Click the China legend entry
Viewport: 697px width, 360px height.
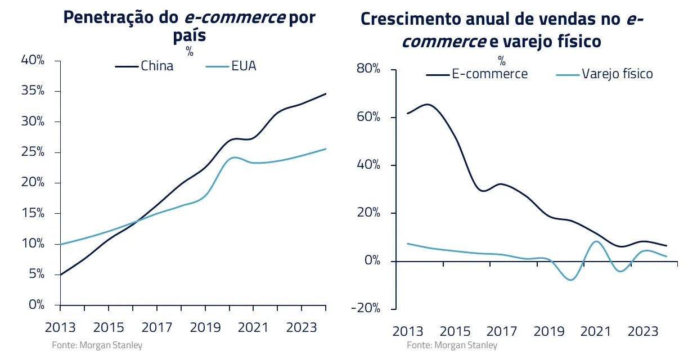click(156, 66)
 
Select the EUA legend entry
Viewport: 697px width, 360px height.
click(243, 66)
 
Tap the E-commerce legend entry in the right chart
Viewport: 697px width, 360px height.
click(490, 74)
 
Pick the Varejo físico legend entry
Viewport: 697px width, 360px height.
click(617, 74)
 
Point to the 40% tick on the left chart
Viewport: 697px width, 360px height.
click(33, 61)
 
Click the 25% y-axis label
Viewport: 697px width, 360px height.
click(33, 152)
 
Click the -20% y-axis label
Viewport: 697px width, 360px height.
click(366, 309)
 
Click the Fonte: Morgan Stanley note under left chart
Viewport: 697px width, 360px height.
click(97, 345)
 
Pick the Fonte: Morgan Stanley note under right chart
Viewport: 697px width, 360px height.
click(452, 345)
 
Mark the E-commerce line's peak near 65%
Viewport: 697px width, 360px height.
click(428, 104)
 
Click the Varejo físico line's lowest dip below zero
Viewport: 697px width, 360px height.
click(572, 280)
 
